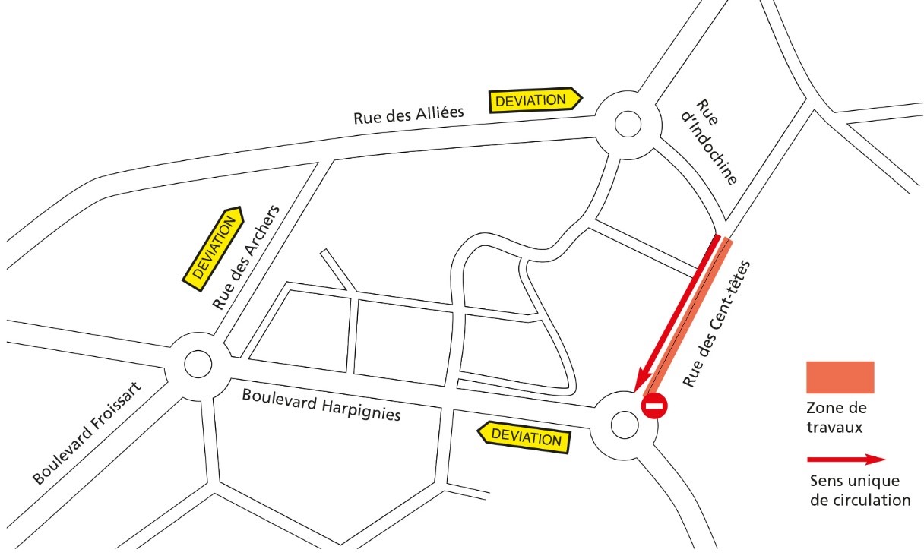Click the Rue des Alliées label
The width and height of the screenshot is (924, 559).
(408, 115)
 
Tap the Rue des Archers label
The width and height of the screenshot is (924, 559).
(246, 257)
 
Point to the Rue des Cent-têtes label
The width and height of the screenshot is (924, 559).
(717, 324)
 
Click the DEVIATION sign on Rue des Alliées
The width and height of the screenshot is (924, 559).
(534, 99)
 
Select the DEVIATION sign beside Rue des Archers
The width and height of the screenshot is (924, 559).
(214, 248)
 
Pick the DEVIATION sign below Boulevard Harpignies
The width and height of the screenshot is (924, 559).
(525, 437)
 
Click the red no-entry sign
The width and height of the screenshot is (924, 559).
(653, 406)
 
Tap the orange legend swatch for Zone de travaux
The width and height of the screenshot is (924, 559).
(840, 377)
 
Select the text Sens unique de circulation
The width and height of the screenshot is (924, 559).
(859, 491)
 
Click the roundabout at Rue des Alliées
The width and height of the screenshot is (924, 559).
(628, 124)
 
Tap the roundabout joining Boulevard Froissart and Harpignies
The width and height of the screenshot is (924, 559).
(198, 365)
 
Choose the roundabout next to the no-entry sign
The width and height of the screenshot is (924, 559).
(625, 425)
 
